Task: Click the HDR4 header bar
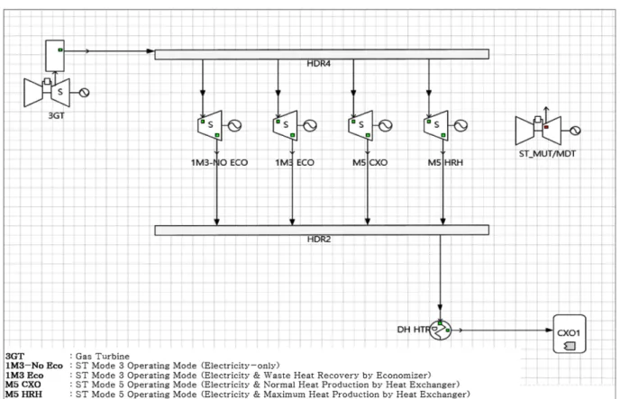coord(322,54)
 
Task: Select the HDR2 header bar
coord(322,230)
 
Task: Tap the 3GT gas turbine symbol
coord(47,93)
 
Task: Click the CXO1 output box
coord(570,333)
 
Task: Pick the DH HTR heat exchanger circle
coord(440,330)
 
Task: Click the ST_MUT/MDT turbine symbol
coord(539,130)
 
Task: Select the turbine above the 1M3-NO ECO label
coord(210,125)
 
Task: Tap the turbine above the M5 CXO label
coord(360,125)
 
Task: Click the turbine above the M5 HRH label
coord(436,125)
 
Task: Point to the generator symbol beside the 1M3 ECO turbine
coord(310,125)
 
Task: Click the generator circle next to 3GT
coord(84,93)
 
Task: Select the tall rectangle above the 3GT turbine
coord(55,55)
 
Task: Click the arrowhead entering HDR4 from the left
coord(150,51)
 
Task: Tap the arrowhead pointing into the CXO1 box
coord(549,330)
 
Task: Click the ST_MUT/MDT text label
coord(547,154)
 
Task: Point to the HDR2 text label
coord(319,240)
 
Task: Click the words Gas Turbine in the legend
coord(103,357)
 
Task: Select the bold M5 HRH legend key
coord(23,394)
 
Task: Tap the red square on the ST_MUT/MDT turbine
coord(546,127)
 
